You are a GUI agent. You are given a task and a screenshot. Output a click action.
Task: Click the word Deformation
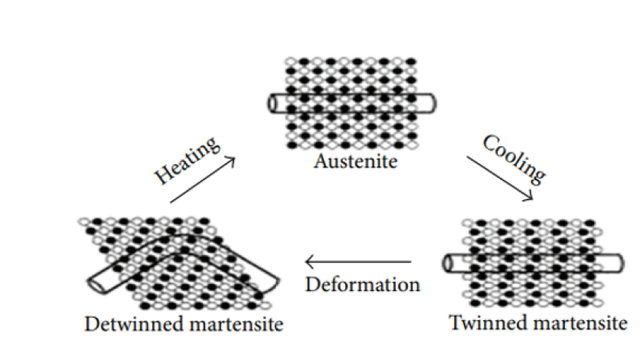click(362, 284)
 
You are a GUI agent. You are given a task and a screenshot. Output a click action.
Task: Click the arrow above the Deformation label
click(359, 262)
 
